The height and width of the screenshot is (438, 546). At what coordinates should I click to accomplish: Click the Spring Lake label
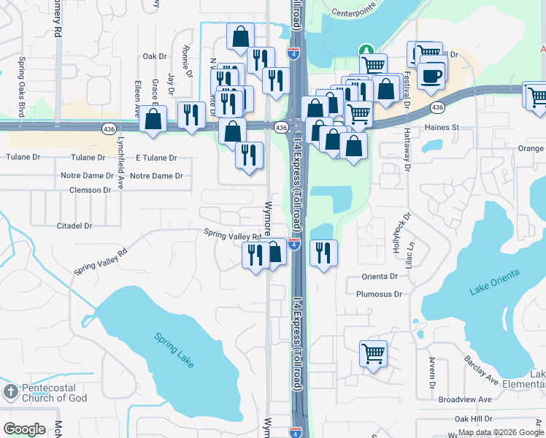pos(174,350)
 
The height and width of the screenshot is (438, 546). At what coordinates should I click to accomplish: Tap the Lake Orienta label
pos(495,282)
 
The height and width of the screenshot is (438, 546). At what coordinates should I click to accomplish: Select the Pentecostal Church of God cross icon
pos(10,392)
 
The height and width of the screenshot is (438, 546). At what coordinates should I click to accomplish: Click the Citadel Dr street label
pos(74,226)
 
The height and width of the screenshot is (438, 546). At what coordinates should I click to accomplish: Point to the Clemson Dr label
pos(90,190)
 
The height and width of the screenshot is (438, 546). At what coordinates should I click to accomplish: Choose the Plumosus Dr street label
pos(379,294)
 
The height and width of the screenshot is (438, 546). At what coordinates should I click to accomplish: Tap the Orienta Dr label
pos(380,277)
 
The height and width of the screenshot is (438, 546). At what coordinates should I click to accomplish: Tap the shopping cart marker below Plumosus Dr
pos(373,354)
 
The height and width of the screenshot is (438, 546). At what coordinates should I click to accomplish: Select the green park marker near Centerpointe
pos(366,50)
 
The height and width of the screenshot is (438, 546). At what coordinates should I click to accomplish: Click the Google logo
pos(24,429)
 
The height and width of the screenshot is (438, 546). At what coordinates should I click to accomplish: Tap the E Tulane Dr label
pos(157,158)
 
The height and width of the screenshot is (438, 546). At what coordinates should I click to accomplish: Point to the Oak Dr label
pos(155,56)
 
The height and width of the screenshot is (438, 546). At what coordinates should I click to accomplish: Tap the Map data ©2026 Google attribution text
pos(501,432)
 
